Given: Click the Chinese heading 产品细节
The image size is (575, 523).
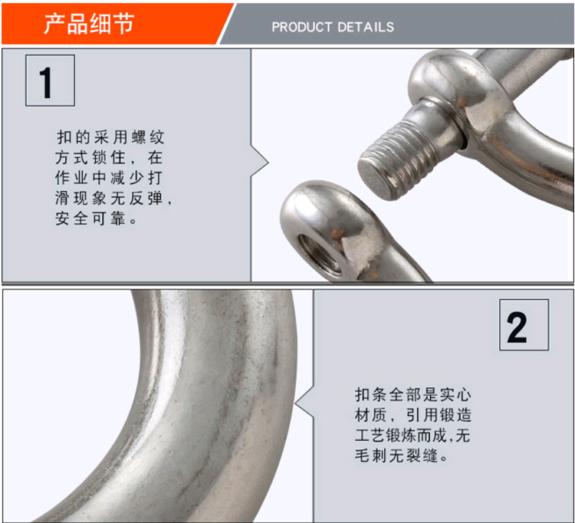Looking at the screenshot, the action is (x=89, y=24).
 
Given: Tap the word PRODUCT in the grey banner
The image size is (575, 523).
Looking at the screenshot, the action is (x=302, y=27).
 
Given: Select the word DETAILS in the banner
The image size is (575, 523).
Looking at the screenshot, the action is (x=366, y=27).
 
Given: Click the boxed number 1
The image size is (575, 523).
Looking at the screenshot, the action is (x=51, y=81).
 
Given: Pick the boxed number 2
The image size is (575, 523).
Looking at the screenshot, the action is (x=524, y=325).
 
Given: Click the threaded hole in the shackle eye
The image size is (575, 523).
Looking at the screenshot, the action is (x=320, y=255).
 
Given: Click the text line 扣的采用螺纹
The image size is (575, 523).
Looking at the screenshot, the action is (x=110, y=137).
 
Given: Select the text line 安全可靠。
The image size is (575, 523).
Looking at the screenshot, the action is (x=96, y=219).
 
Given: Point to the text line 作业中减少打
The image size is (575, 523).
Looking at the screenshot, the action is (x=109, y=178).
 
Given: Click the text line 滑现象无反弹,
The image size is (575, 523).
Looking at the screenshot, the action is (x=113, y=199).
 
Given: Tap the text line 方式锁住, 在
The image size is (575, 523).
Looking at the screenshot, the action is (x=109, y=158).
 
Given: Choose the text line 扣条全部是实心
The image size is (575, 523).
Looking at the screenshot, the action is (x=413, y=395).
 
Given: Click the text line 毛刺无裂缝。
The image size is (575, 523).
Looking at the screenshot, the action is (x=401, y=456).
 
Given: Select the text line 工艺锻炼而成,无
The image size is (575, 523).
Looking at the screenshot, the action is (x=412, y=436).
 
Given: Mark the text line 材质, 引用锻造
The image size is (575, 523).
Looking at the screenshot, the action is (x=413, y=415).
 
